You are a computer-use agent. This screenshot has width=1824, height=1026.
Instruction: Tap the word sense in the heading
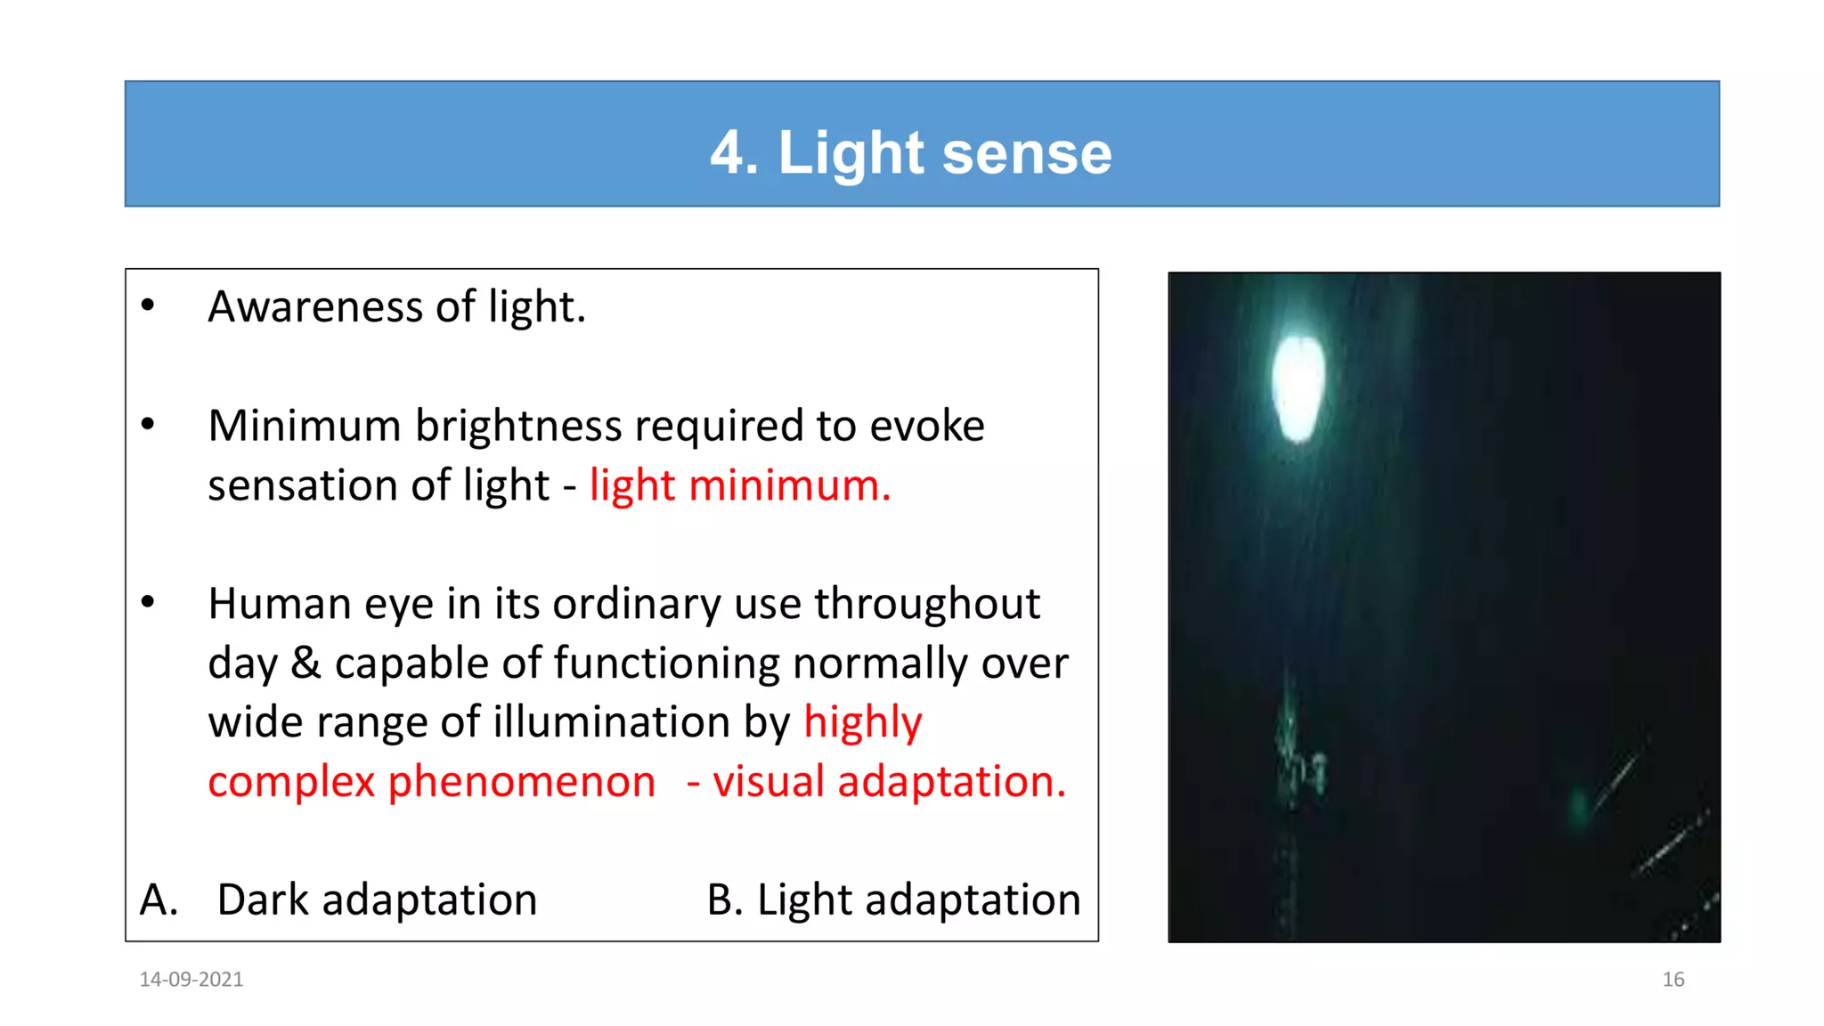coord(1026,153)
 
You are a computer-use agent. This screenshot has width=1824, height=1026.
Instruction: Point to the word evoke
coord(926,426)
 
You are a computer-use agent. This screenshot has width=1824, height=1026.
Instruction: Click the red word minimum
coord(789,485)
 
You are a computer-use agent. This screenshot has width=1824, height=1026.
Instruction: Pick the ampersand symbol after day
coord(305,664)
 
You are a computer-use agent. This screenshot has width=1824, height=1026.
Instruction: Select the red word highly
coord(862,723)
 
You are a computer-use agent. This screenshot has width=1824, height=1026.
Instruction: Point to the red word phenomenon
coord(521,782)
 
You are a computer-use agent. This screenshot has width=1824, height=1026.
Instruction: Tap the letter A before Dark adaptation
coord(157,900)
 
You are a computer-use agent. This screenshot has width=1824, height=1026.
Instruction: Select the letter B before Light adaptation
coord(723,900)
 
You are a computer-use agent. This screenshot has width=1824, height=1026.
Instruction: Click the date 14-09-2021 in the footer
coord(191,979)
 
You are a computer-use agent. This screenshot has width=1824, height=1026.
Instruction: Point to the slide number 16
coord(1673,979)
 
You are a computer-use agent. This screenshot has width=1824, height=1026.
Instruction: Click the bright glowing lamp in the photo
coord(1298,388)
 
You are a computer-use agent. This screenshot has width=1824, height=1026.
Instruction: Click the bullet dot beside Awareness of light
coord(148,305)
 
